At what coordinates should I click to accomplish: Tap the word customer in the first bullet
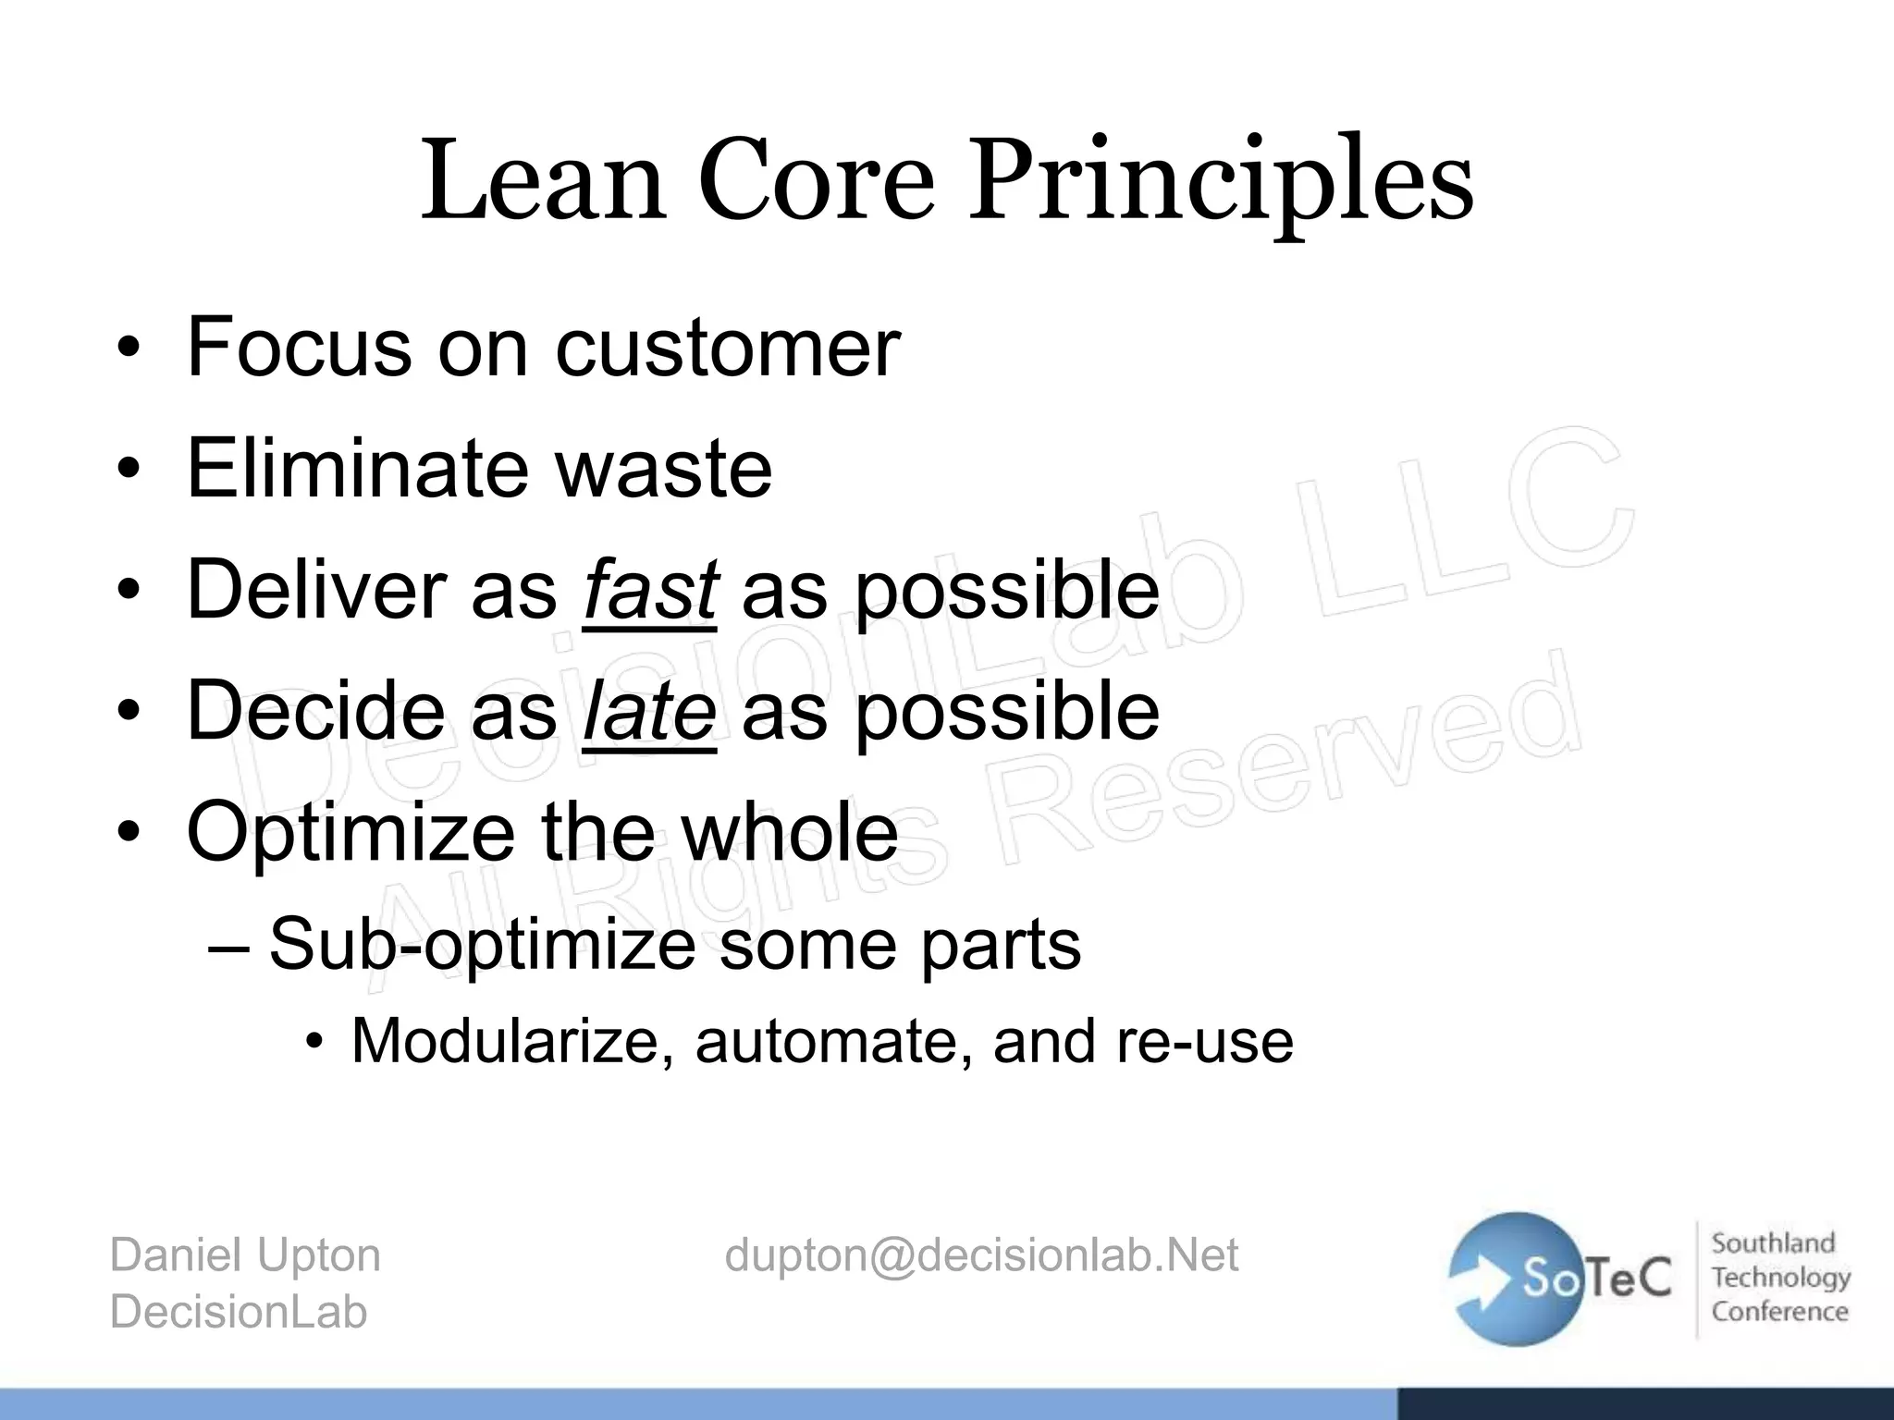(727, 348)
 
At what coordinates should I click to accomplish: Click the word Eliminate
(358, 468)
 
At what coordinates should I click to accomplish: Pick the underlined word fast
(650, 590)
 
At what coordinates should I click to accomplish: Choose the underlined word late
(649, 711)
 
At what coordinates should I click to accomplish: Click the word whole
(790, 831)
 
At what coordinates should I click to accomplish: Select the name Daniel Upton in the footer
(245, 1255)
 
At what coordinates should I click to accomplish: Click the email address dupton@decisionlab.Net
(981, 1255)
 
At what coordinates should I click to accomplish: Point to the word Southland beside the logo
(1773, 1243)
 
